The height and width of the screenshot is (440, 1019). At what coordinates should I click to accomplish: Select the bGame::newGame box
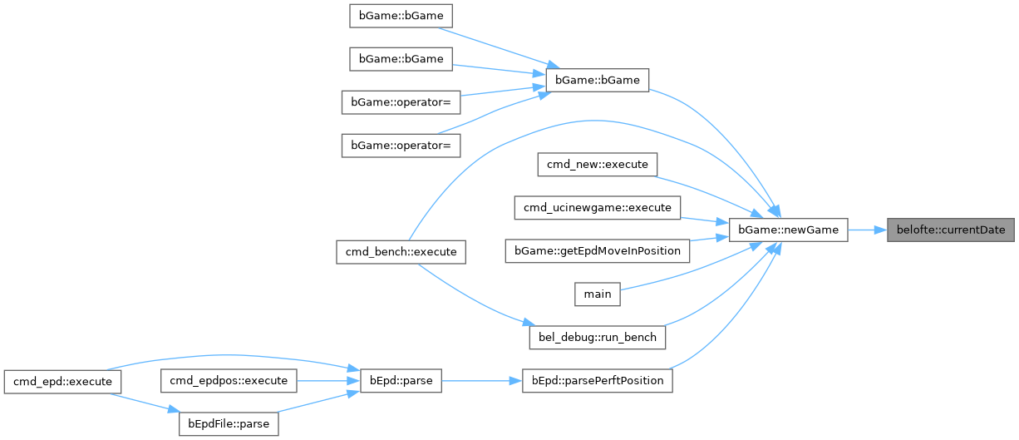pyautogui.click(x=788, y=230)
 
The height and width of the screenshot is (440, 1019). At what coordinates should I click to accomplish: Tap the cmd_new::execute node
pyautogui.click(x=597, y=164)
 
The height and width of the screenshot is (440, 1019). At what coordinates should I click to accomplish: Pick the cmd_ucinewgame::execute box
pyautogui.click(x=597, y=206)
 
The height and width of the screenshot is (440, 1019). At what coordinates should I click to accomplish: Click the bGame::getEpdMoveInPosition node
pyautogui.click(x=598, y=250)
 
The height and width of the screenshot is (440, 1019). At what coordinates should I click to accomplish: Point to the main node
pyautogui.click(x=597, y=294)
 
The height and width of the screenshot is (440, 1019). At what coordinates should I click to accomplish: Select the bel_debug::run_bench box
pyautogui.click(x=597, y=337)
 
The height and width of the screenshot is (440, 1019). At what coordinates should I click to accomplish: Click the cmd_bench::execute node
pyautogui.click(x=401, y=251)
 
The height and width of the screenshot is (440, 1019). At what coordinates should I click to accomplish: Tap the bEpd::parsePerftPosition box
pyautogui.click(x=597, y=381)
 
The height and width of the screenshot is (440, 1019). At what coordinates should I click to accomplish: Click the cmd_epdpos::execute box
pyautogui.click(x=229, y=381)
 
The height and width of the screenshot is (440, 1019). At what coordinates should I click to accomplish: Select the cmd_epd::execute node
pyautogui.click(x=63, y=381)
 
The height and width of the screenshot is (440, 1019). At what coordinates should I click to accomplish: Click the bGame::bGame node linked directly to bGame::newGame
pyautogui.click(x=597, y=80)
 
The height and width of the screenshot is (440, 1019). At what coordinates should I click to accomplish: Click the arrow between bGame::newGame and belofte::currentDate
pyautogui.click(x=867, y=230)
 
